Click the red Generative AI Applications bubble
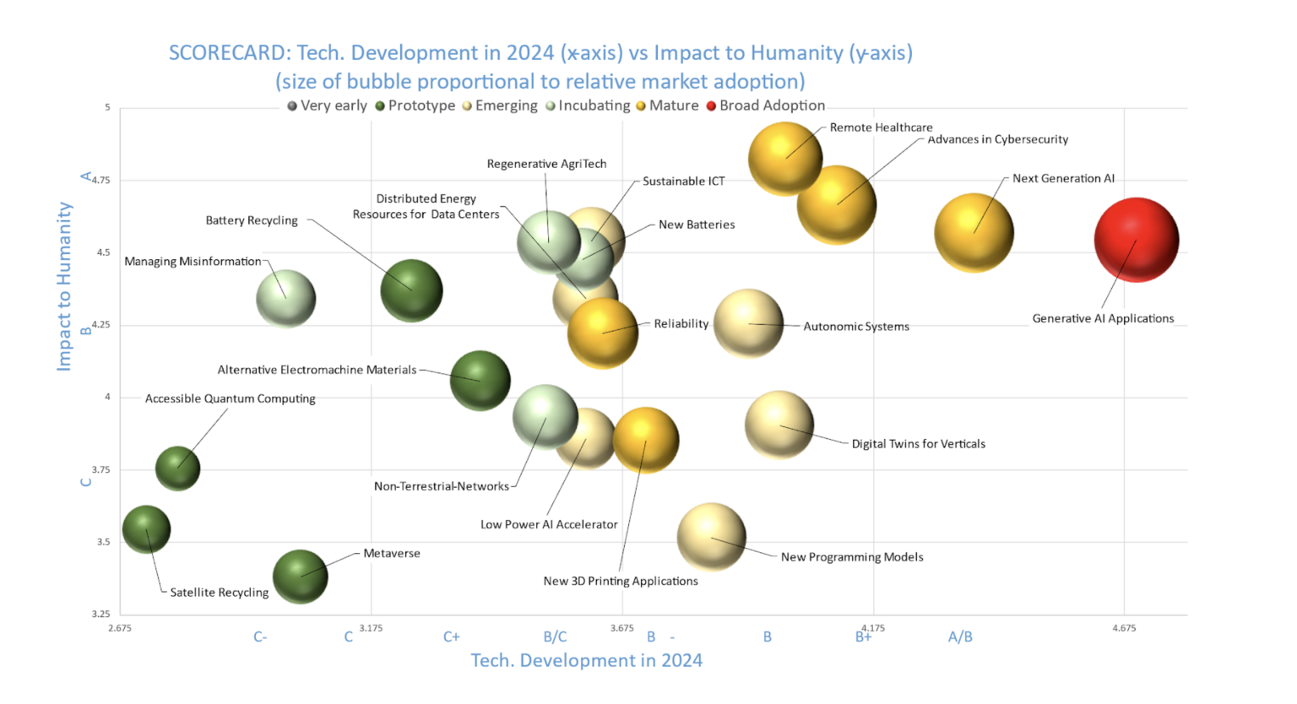1136,240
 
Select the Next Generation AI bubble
974,233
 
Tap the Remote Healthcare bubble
784,158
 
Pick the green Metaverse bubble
300,577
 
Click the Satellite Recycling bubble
146,529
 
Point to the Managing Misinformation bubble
286,298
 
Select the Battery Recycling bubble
411,290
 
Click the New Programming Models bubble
711,537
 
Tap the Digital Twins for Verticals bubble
779,425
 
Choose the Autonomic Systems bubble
748,323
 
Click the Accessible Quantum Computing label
230,398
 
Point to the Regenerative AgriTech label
546,164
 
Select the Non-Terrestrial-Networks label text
442,486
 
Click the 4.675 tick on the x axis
1123,628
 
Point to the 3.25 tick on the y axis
101,614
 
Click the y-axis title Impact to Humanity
64,286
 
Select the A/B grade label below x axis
960,636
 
